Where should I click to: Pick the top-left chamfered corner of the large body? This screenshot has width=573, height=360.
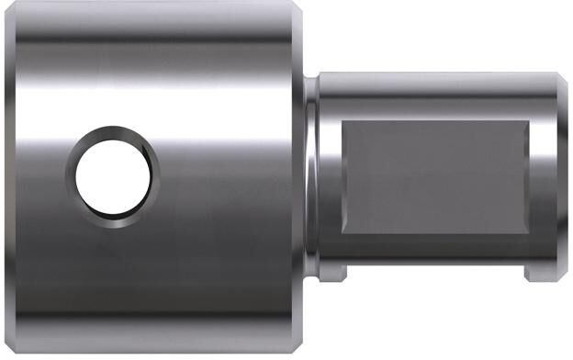11,11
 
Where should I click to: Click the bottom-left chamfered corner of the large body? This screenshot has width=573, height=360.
11,343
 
